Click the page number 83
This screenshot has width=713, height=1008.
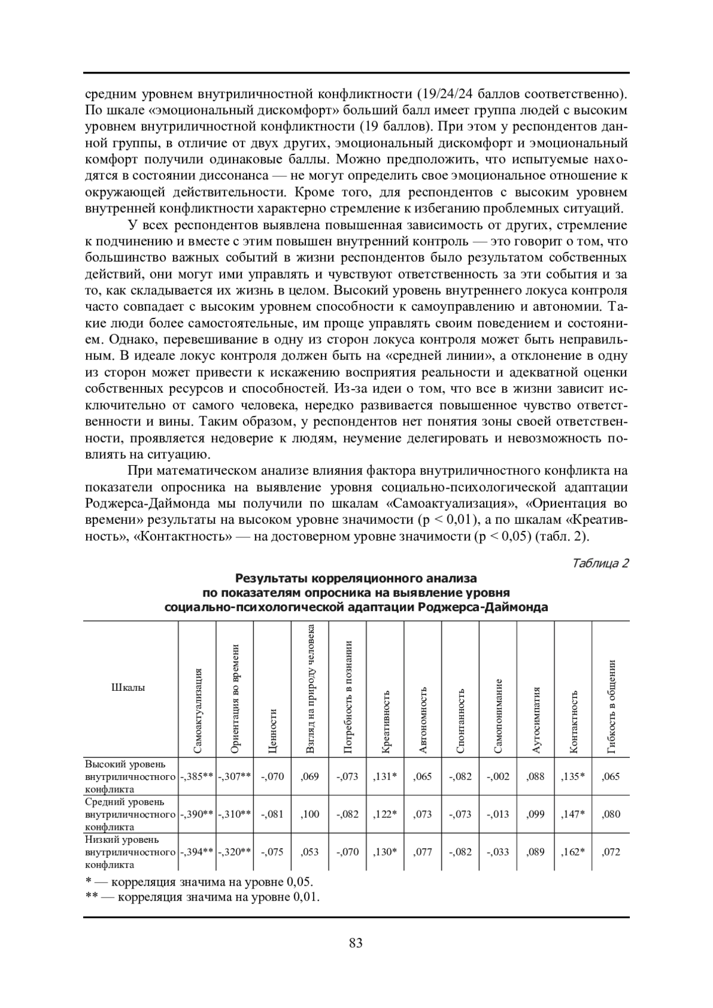coord(356,943)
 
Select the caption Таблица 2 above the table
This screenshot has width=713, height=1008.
coord(600,563)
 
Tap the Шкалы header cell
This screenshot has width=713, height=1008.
coord(128,688)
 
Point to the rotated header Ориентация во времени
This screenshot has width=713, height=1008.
coord(235,699)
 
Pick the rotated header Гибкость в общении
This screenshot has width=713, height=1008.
coord(611,707)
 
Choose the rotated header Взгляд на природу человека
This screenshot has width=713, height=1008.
coord(310,690)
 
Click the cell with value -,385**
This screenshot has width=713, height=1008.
coord(197,776)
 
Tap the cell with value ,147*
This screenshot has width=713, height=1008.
coord(573,814)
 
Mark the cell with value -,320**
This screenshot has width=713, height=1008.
coord(235,852)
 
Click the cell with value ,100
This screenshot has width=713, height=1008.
coord(310,814)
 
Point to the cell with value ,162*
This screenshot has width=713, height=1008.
coord(573,852)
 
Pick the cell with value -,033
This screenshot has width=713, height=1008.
coord(498,852)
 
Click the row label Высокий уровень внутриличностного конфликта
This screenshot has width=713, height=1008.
coord(130,776)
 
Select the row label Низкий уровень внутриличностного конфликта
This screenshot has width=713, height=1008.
coord(130,852)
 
